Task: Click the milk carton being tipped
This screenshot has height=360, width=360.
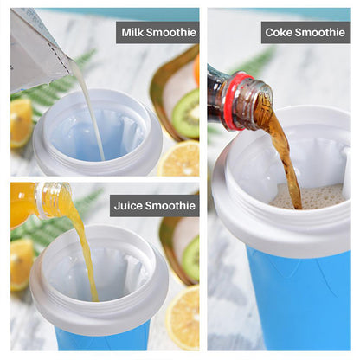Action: point(39,48)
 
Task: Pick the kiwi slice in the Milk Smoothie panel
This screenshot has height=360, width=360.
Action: point(185,112)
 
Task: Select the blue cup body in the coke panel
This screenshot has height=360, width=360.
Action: point(294,294)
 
